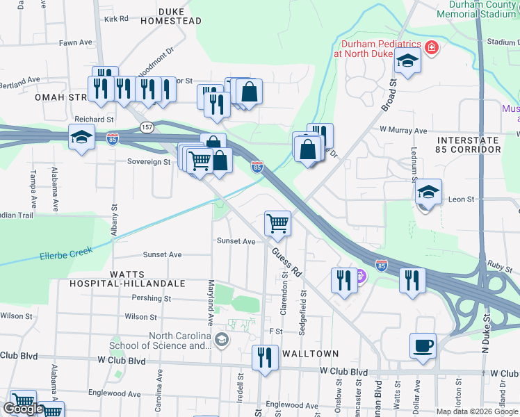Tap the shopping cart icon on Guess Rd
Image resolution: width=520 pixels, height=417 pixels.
click(x=277, y=223)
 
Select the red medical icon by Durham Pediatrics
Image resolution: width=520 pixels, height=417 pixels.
click(x=432, y=48)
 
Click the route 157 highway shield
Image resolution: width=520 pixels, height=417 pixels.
click(x=146, y=127)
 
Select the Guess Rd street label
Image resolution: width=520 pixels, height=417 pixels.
click(x=286, y=261)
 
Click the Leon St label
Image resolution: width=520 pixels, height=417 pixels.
click(x=461, y=199)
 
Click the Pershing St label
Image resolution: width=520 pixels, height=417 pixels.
click(x=152, y=298)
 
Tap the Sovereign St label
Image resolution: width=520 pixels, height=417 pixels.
click(x=148, y=162)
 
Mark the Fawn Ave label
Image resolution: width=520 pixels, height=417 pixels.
click(x=76, y=42)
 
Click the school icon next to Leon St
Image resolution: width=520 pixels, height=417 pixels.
click(x=428, y=191)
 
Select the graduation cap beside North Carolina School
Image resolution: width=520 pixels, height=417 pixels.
click(x=221, y=339)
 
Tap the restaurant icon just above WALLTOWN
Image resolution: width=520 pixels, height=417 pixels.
click(x=264, y=358)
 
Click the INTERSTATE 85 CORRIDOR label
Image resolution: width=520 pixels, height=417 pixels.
click(x=469, y=145)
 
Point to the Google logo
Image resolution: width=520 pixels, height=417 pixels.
click(x=23, y=409)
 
